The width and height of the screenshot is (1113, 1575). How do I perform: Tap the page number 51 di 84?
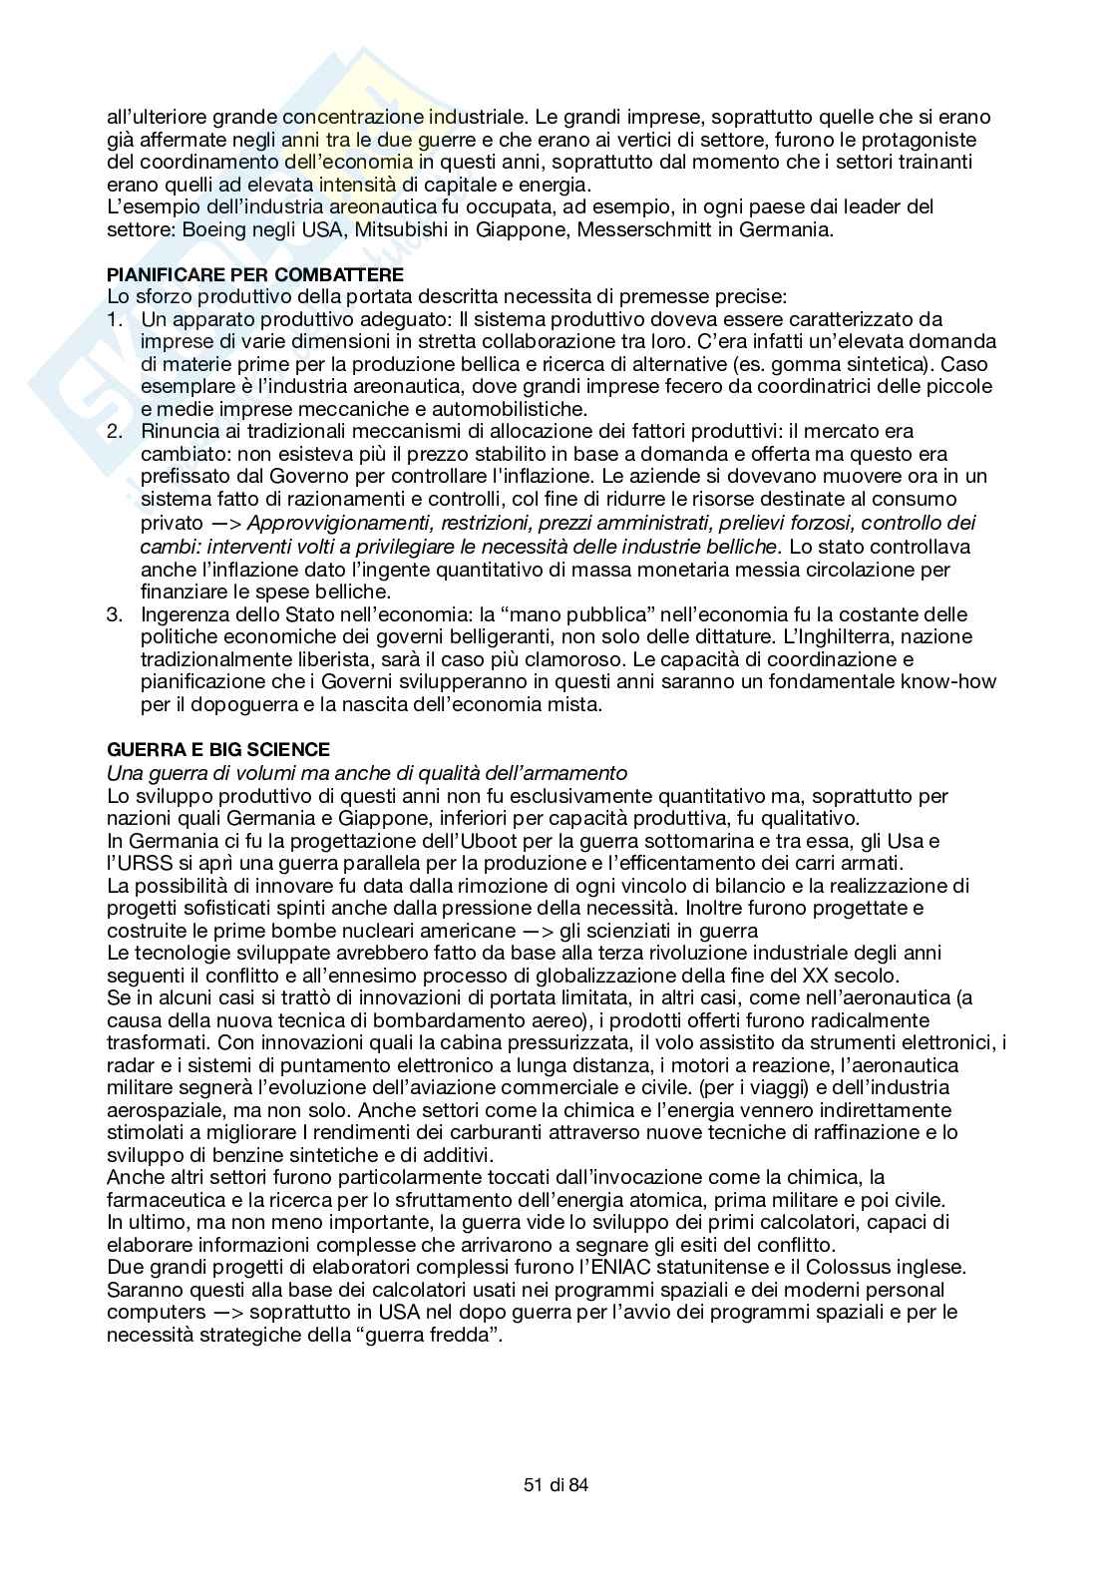[x=556, y=1485]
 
